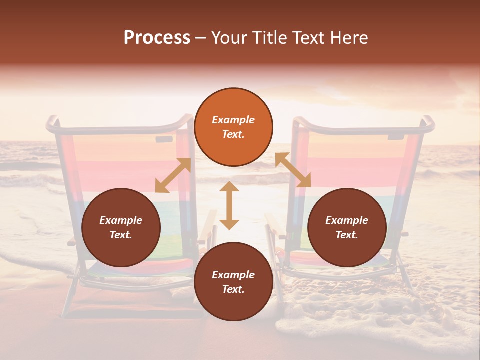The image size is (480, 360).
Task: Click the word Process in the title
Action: point(157,38)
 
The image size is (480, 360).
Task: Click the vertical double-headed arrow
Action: point(229,205)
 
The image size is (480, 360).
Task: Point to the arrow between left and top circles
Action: point(173,175)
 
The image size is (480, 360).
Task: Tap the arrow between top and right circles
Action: point(293,170)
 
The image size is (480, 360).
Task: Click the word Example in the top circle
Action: point(233,120)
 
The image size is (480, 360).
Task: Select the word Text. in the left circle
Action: point(121,235)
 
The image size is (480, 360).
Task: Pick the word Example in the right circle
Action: point(347,220)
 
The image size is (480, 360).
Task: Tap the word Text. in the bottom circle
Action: point(233,289)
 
